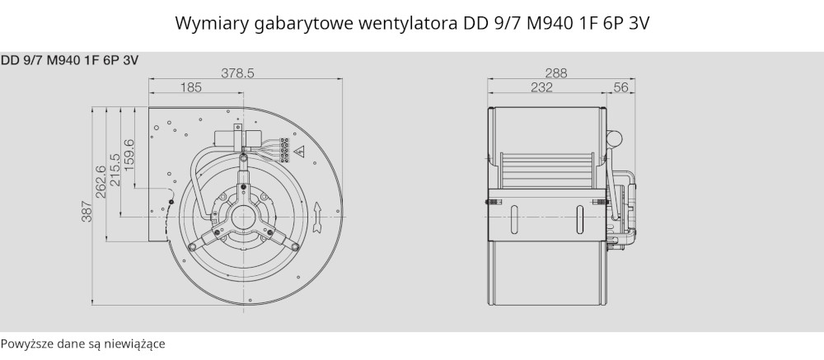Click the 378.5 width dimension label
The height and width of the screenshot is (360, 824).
[x=237, y=73]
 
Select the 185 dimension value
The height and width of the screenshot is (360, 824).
[x=191, y=87]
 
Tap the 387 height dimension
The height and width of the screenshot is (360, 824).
[x=87, y=211]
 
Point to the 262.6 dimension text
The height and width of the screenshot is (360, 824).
[x=101, y=182]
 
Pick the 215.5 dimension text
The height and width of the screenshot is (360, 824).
[x=115, y=169]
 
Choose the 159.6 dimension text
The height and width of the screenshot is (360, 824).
[x=129, y=155]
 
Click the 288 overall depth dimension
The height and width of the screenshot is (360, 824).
[x=556, y=73]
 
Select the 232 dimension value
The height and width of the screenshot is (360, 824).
[x=542, y=87]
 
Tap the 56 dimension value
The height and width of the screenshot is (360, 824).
[x=621, y=87]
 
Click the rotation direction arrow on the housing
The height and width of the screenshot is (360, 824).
[x=317, y=217]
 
